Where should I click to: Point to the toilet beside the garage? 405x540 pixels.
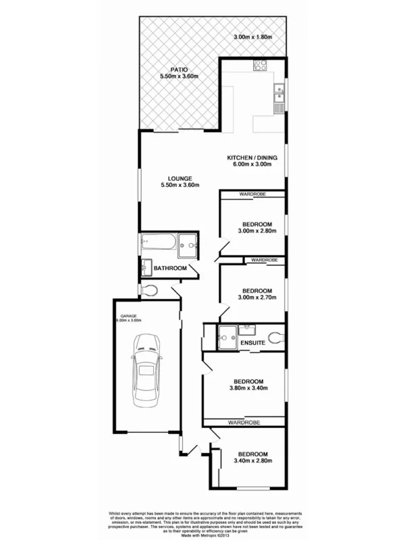coord(152,291)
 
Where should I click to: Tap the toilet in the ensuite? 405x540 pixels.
coord(274,337)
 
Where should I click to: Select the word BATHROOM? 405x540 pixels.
coord(170,269)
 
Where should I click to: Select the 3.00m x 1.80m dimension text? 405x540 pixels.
coord(253,37)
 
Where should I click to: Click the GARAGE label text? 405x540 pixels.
coord(129,315)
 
